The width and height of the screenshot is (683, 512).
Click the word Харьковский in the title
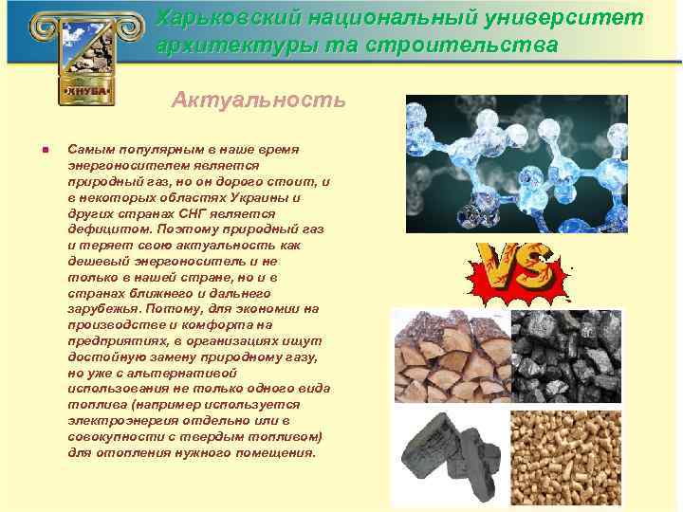(215, 18)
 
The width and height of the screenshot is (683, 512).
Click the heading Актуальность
(258, 100)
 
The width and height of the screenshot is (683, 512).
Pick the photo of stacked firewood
(450, 355)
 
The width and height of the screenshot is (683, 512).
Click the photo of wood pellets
(565, 456)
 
